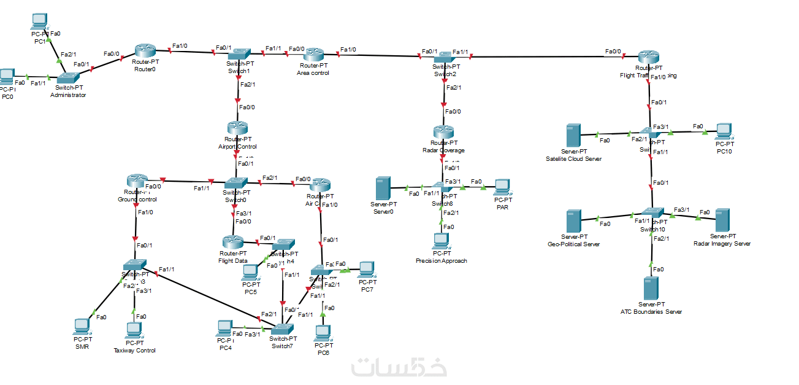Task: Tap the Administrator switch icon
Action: click(67, 78)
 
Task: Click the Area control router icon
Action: click(313, 55)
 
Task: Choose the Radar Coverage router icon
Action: click(443, 132)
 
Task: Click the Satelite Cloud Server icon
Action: click(573, 135)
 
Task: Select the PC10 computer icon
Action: click(724, 131)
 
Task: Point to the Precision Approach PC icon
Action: click(441, 241)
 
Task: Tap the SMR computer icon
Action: click(82, 326)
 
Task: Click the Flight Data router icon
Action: click(233, 243)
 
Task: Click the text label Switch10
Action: click(652, 230)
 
